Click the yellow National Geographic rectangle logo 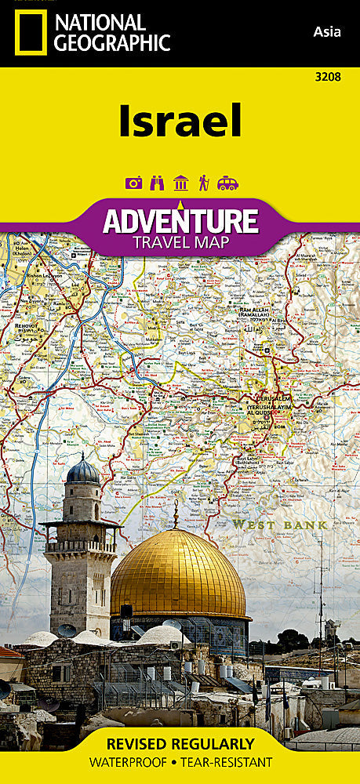(29, 33)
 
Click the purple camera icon (134, 183)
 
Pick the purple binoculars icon (157, 183)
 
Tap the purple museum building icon (180, 183)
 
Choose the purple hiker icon (203, 183)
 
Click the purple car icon (227, 183)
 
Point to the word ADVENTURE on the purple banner (180, 221)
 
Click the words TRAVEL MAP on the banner (180, 242)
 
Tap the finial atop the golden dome (176, 514)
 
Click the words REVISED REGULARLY (180, 743)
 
